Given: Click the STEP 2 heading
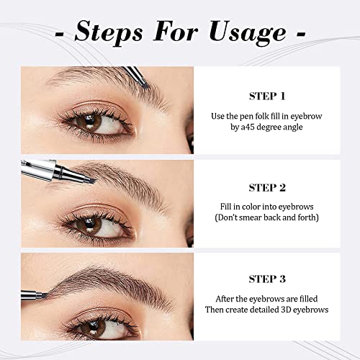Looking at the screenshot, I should click(x=268, y=187).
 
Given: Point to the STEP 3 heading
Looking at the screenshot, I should click(x=268, y=279).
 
